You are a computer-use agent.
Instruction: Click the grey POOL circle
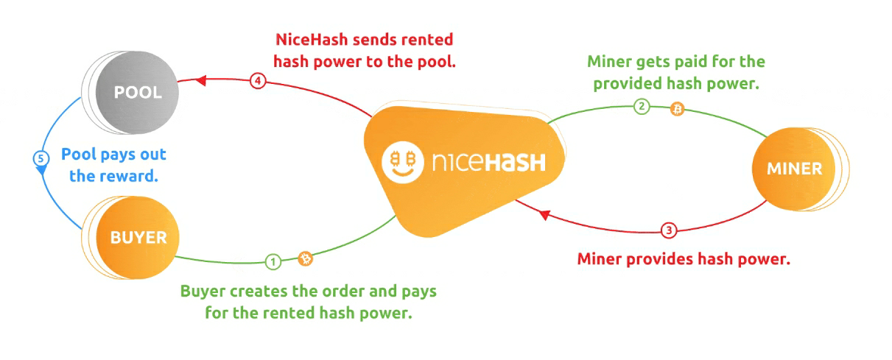point(137,93)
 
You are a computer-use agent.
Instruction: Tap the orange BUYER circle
point(138,237)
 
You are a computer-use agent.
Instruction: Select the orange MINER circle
point(794,169)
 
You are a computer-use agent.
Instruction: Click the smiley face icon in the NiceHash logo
point(404,160)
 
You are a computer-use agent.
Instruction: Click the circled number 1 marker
point(273,261)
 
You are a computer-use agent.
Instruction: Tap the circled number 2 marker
point(642,107)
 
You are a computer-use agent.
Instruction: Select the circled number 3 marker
point(668,230)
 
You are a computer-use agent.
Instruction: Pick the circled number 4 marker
point(257,81)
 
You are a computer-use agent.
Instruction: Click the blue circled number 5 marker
point(41,158)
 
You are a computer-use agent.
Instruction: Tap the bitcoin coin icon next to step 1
point(305,258)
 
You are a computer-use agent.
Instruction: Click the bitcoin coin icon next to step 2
point(676,110)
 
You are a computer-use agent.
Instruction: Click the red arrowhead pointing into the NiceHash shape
point(544,215)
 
